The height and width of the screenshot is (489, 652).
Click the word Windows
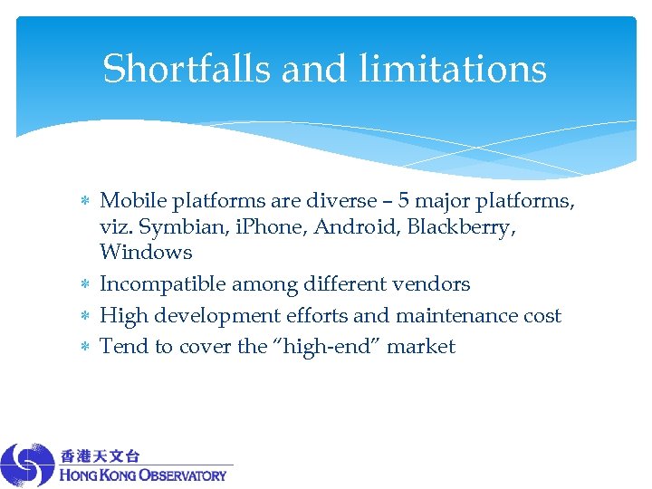[x=146, y=253]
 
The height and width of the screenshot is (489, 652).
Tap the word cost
[x=540, y=316]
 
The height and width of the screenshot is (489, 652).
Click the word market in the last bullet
[x=421, y=347]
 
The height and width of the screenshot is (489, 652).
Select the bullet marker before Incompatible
[x=83, y=285]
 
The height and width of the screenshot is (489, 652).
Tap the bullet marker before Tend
[x=83, y=348]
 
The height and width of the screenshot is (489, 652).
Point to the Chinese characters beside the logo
[x=101, y=455]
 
